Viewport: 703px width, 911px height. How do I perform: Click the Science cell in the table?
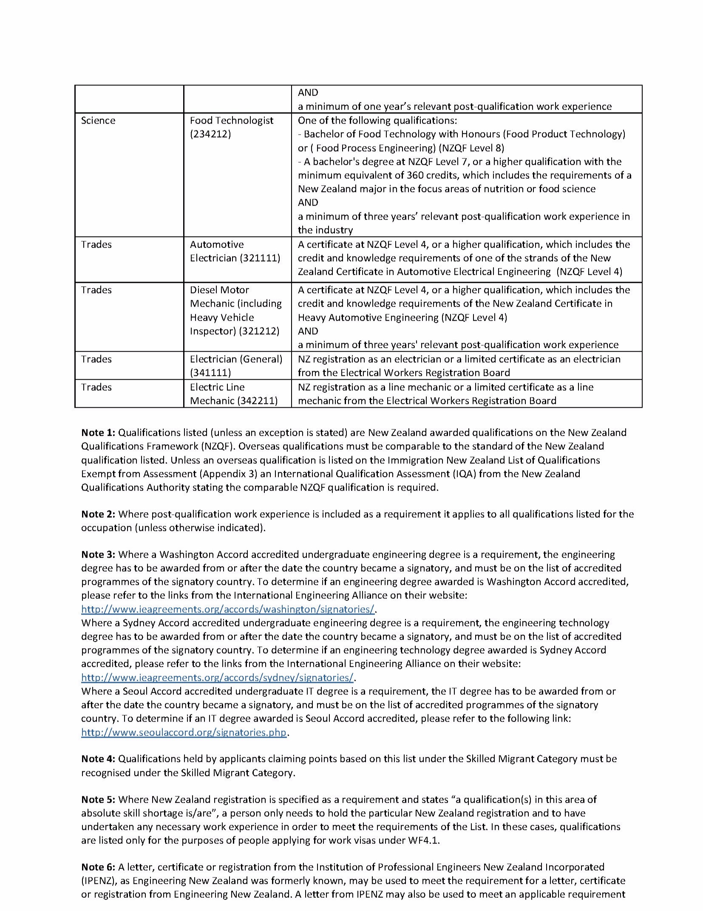tap(98, 121)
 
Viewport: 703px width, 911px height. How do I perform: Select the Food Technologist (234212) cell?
tap(232, 127)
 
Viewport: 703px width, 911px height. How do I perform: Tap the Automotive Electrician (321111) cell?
tap(235, 251)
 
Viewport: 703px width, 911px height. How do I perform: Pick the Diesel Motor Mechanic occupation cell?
tap(235, 310)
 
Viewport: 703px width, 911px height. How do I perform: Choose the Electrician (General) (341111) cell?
tap(236, 366)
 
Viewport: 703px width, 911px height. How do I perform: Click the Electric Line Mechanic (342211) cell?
tap(233, 394)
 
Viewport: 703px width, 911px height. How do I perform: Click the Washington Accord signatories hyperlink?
tap(228, 609)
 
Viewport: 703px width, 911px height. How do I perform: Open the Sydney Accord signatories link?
tap(217, 677)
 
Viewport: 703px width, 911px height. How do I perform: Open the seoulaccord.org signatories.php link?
tap(184, 732)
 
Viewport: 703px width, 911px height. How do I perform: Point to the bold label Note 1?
tap(98, 433)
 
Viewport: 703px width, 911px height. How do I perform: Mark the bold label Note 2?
tap(98, 514)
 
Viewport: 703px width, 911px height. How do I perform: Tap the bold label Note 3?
tap(98, 555)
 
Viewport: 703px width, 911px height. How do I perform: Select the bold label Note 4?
tap(98, 759)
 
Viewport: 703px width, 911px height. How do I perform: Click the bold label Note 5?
tap(98, 799)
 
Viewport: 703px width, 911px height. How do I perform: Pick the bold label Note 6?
tap(98, 867)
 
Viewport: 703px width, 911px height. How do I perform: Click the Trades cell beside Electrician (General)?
tap(96, 359)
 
